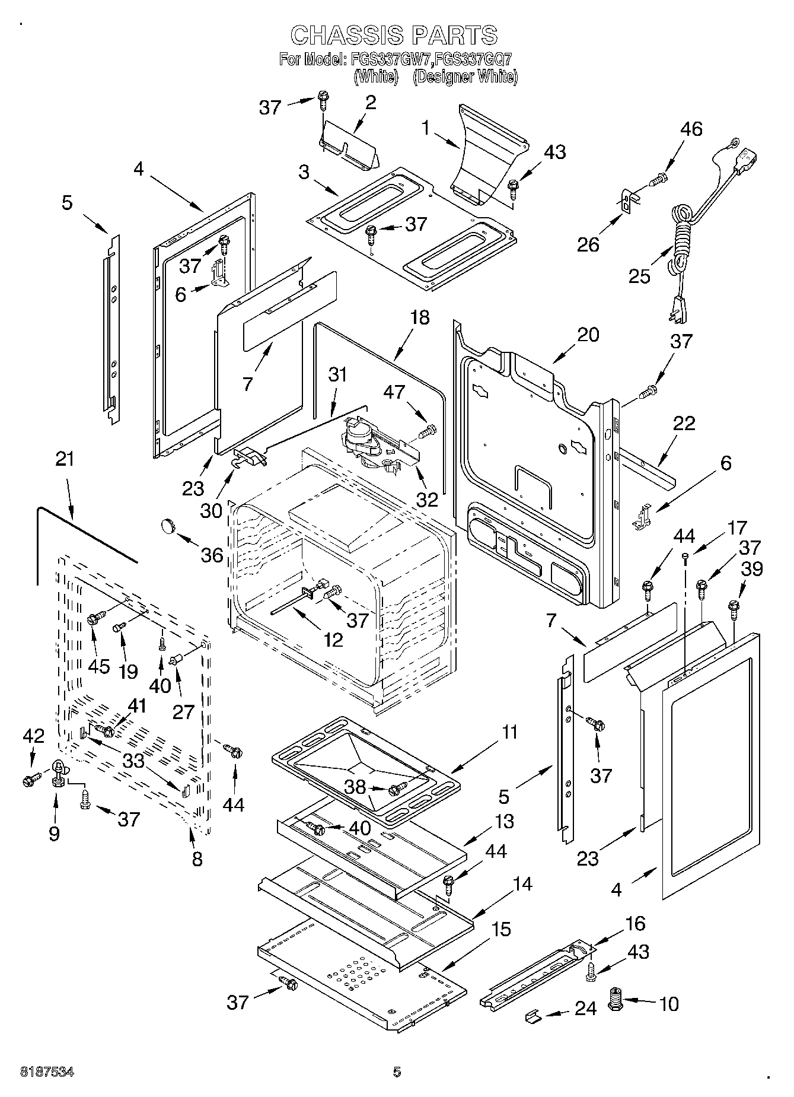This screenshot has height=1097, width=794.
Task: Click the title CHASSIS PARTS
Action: click(394, 35)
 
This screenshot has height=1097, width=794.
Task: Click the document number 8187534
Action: click(47, 1071)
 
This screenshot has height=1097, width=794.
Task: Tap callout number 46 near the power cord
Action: click(691, 129)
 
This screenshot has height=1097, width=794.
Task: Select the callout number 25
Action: click(639, 276)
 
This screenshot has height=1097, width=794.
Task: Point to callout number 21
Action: click(65, 459)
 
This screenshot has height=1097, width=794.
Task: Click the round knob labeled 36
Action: click(168, 525)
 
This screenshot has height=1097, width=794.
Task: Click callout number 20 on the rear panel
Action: click(588, 335)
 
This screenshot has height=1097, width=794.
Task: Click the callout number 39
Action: click(752, 569)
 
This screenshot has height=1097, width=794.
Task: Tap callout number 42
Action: click(33, 736)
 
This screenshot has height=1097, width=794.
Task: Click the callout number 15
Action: click(501, 929)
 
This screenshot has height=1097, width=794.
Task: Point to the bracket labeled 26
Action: click(626, 201)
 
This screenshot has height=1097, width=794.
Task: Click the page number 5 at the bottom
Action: click(397, 1071)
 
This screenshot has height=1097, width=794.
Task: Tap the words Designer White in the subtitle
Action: click(465, 77)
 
